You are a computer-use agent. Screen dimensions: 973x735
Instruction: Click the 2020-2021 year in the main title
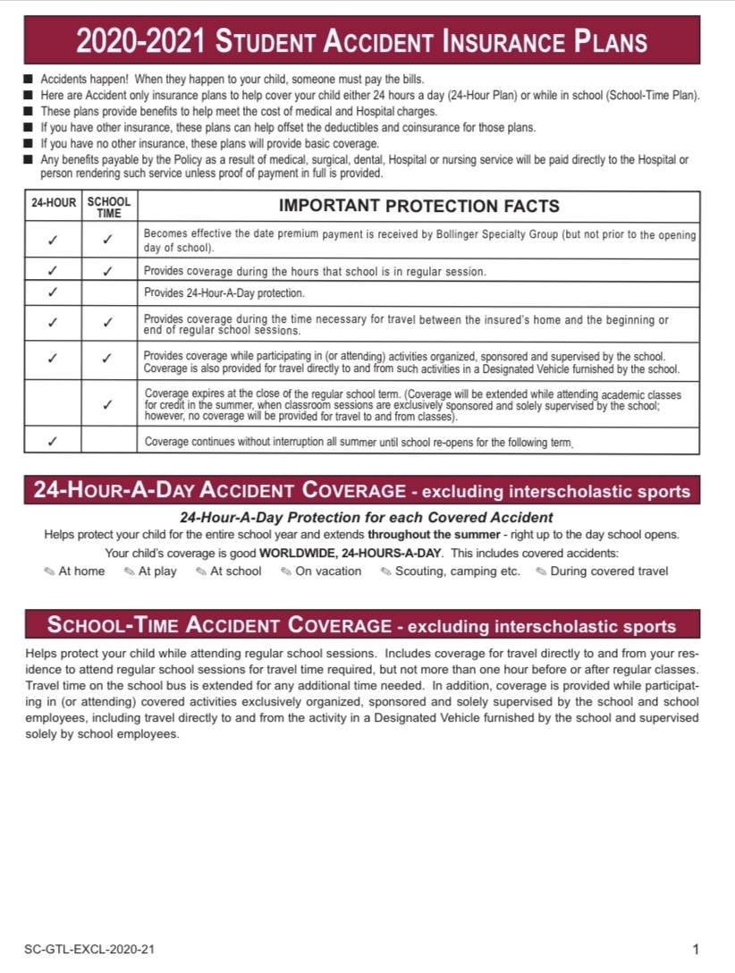coord(141,41)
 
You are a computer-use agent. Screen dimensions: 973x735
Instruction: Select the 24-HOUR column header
coord(54,203)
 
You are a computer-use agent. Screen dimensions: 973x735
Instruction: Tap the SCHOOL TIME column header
coord(109,207)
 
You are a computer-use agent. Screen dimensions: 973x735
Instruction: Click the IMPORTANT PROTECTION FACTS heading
coord(419,206)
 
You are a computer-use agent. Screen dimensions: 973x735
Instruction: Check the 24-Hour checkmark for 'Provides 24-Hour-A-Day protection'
coord(54,292)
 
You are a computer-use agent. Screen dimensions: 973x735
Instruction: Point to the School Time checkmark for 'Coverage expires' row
coord(108,404)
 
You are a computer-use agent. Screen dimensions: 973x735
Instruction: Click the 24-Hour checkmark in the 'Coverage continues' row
coord(54,441)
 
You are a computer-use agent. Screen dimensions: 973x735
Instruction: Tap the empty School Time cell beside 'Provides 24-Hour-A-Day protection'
coord(108,292)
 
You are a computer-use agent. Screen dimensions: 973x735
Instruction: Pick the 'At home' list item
coord(81,571)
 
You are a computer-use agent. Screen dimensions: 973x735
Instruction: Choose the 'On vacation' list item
coord(328,571)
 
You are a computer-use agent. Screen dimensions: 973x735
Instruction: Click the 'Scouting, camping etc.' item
coord(457,571)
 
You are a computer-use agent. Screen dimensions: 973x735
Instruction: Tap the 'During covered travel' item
coord(609,571)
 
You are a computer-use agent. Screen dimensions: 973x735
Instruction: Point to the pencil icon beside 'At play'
coord(130,571)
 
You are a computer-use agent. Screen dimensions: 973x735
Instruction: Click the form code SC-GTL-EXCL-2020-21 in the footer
coord(83,949)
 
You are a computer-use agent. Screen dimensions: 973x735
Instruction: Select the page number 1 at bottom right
coord(696,949)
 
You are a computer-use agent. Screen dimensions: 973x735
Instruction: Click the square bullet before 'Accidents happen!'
coord(30,80)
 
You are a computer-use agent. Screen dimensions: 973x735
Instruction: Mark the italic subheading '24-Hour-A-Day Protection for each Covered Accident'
coord(367,517)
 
